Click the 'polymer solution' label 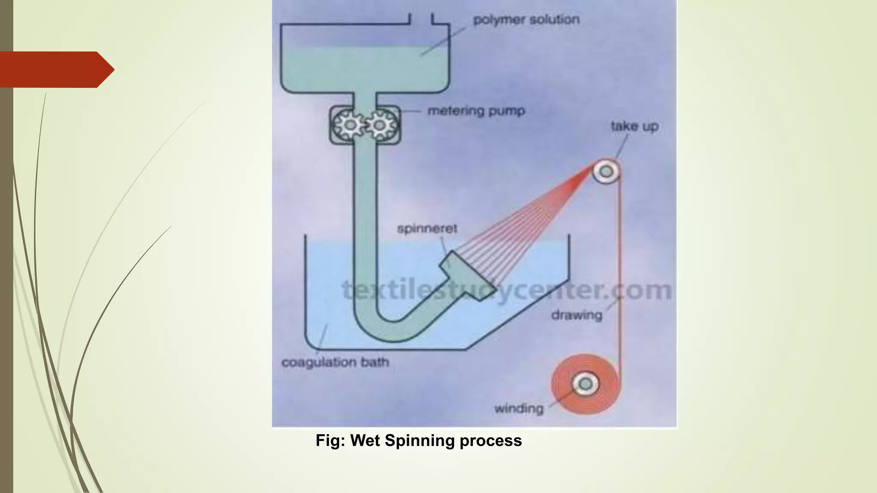(526, 20)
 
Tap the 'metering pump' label (476, 111)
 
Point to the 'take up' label (634, 126)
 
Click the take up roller (606, 172)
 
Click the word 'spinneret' (427, 229)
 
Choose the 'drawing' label (576, 315)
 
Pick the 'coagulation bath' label (335, 362)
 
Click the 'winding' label (519, 409)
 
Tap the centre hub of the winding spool (585, 383)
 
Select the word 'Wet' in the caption (365, 441)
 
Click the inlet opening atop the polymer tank (421, 19)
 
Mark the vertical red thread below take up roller (619, 265)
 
